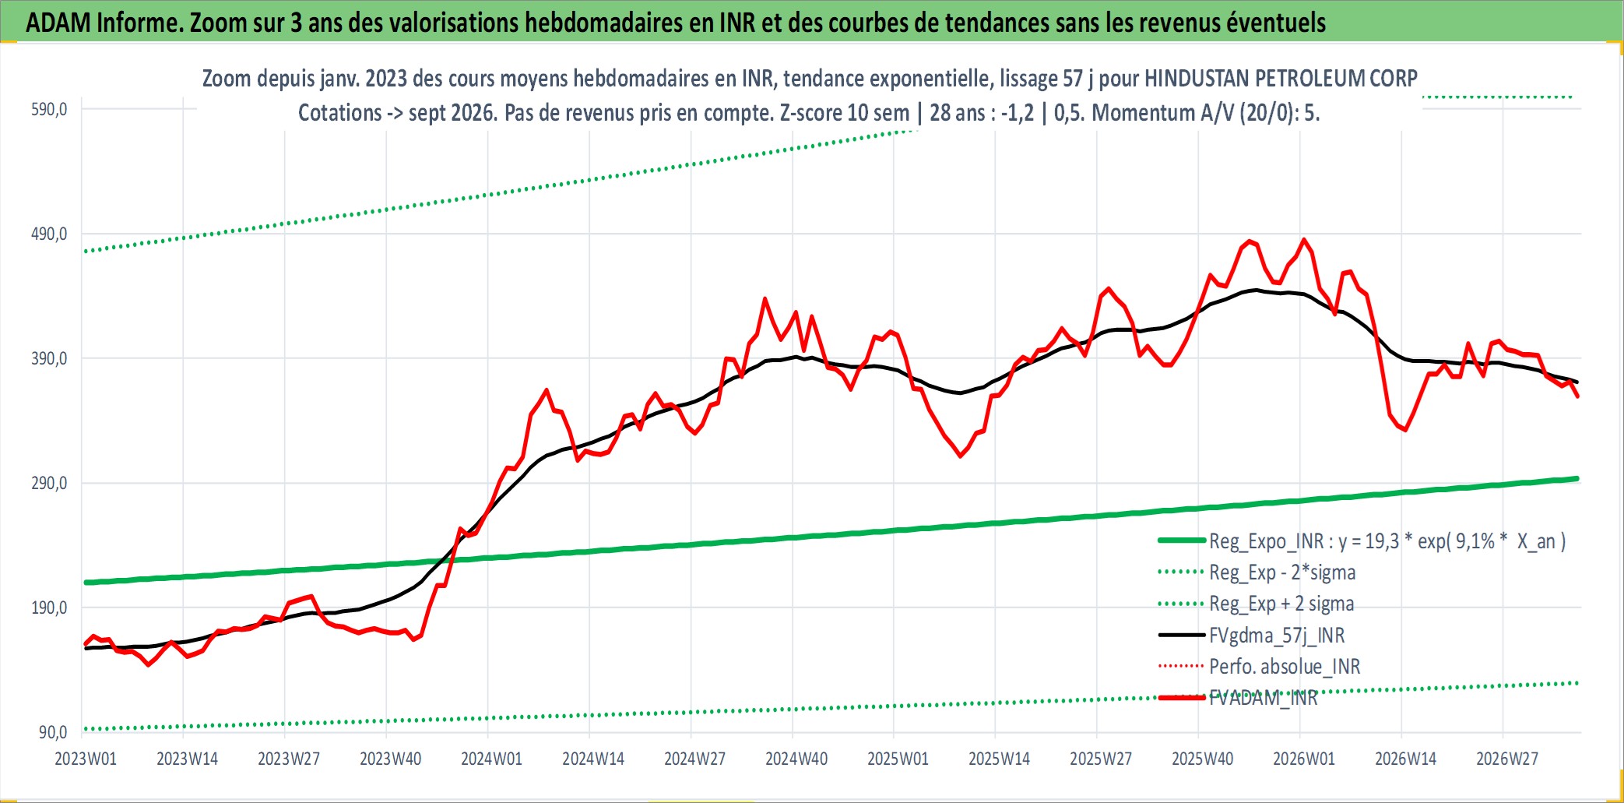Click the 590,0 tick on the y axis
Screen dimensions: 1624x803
coord(49,109)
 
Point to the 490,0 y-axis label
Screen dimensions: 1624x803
coord(49,234)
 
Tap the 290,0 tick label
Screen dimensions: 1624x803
coord(49,483)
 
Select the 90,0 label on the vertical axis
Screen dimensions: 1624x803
coord(53,732)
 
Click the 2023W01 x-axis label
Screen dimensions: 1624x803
coord(86,759)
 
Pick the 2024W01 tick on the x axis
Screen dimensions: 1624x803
coord(491,759)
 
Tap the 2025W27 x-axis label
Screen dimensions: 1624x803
coord(1101,759)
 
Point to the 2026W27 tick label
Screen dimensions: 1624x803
coord(1507,759)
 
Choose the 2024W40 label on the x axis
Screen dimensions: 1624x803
coord(796,759)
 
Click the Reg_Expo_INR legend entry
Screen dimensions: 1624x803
coord(1362,541)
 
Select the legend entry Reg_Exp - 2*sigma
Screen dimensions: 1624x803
coord(1257,572)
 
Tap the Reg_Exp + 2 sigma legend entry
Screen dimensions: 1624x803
coord(1257,604)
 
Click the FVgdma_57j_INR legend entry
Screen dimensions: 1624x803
coord(1252,636)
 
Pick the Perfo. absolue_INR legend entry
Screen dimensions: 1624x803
coord(1260,667)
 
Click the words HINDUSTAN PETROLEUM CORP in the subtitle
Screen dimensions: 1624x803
coord(1281,79)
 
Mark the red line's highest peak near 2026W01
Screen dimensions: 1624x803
coord(1304,239)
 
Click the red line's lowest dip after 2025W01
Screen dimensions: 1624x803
coord(961,456)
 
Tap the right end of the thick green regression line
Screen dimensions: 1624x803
coord(1577,478)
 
